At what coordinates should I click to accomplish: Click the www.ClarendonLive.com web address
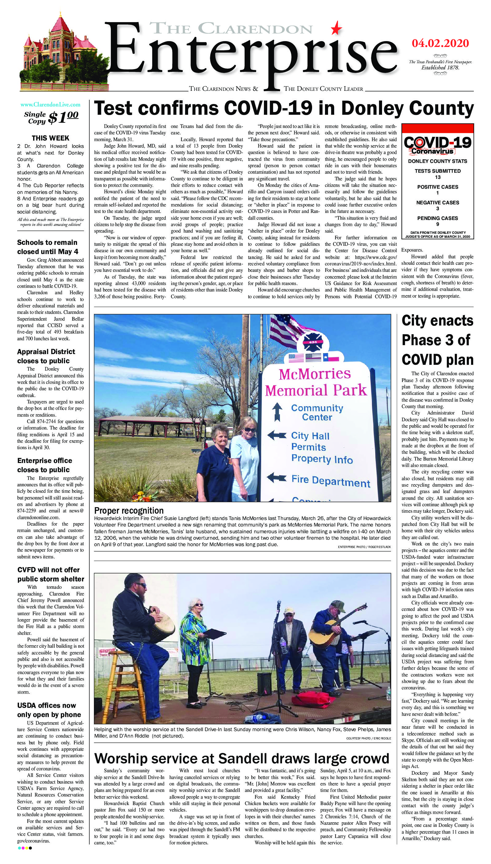(x=50, y=105)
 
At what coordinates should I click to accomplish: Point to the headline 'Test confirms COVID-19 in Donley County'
(x=284, y=109)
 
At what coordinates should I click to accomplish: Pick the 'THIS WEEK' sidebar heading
(x=50, y=138)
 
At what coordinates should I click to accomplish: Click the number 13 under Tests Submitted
(x=438, y=177)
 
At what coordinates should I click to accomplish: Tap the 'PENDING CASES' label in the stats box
(x=438, y=218)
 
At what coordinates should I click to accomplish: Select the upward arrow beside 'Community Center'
(x=277, y=412)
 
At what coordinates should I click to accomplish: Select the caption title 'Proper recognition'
(x=129, y=510)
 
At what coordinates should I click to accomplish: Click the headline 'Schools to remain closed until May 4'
(x=47, y=247)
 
